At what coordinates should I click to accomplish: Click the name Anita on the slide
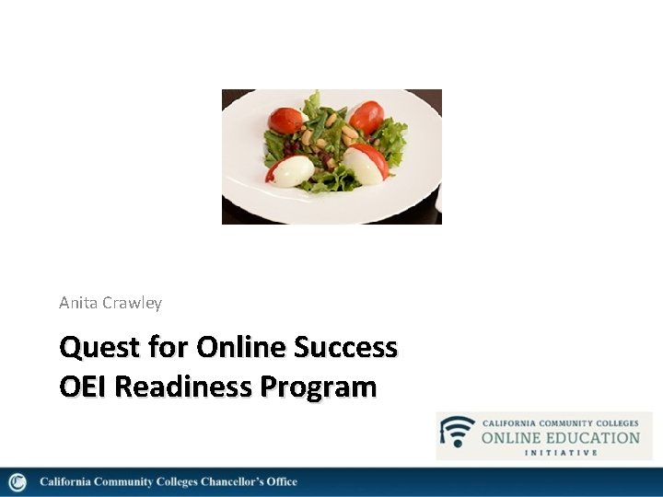click(x=78, y=303)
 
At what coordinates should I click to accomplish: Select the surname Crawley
click(x=133, y=303)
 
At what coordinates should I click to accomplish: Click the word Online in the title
click(x=242, y=348)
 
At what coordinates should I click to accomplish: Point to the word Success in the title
click(x=345, y=348)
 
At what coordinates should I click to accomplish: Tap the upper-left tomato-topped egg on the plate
click(x=286, y=120)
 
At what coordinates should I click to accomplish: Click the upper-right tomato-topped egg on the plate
click(x=366, y=117)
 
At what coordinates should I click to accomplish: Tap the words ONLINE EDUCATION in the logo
click(x=560, y=437)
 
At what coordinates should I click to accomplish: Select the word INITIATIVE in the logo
click(x=561, y=452)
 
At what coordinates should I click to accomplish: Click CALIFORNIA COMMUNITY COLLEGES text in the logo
click(x=560, y=422)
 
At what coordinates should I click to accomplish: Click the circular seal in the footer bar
click(x=17, y=482)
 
